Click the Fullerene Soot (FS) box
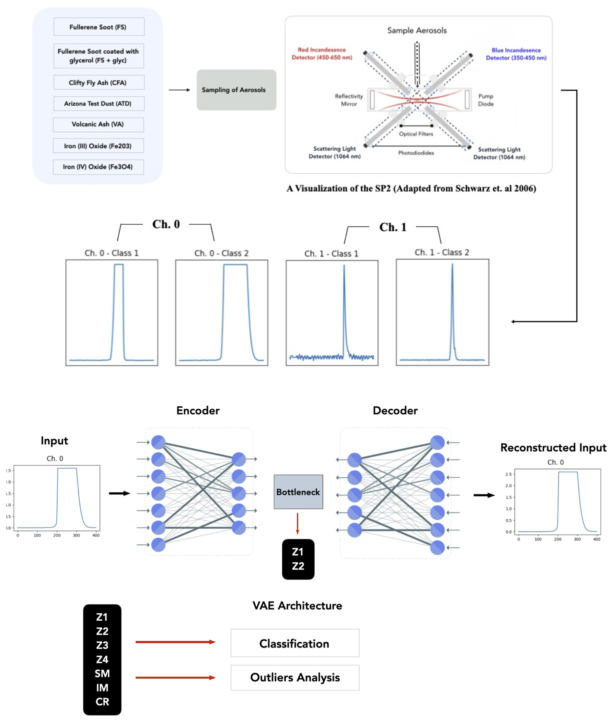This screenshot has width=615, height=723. (x=99, y=27)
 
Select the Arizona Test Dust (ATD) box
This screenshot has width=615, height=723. (x=99, y=104)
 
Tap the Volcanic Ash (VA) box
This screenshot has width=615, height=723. (x=98, y=125)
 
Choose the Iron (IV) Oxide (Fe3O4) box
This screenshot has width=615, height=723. (x=98, y=167)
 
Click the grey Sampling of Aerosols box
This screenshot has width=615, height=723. (x=236, y=90)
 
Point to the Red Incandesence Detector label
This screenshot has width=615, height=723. (x=322, y=54)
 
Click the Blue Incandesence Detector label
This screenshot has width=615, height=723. (x=516, y=54)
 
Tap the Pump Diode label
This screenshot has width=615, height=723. (x=486, y=100)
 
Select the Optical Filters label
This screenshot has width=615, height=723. (x=416, y=134)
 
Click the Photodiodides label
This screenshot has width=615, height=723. (x=416, y=153)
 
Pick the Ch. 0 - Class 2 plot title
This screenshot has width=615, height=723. (x=221, y=253)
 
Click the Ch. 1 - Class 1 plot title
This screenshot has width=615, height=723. (x=331, y=254)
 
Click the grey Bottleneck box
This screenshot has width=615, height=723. (x=298, y=492)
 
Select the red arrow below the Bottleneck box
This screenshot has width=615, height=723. (x=297, y=524)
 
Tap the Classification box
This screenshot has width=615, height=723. (x=294, y=643)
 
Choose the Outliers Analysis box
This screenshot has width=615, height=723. (x=294, y=677)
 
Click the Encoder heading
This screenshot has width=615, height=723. (x=198, y=410)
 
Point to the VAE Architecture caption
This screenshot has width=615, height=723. (x=297, y=606)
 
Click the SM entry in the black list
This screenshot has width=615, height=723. (x=102, y=674)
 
